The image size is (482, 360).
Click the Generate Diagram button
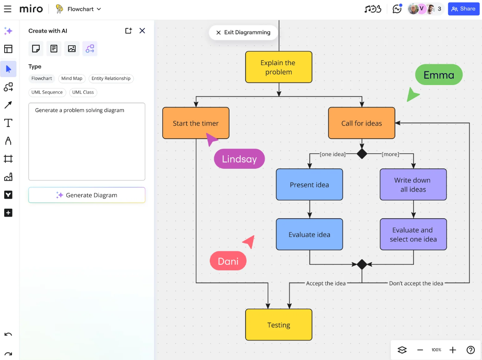(x=87, y=195)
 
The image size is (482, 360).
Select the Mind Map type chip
(x=71, y=78)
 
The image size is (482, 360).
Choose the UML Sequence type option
(x=47, y=92)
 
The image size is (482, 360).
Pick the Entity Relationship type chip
(x=111, y=78)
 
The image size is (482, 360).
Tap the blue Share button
(x=463, y=9)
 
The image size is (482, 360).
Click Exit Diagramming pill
(x=244, y=32)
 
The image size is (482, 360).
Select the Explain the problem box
(x=279, y=67)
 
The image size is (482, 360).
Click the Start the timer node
(x=196, y=123)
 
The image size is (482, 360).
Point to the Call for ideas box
(x=361, y=123)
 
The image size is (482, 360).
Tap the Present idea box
(x=309, y=184)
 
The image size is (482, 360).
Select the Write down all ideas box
(x=413, y=184)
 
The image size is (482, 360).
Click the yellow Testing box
(x=279, y=324)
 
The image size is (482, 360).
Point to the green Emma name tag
(x=438, y=75)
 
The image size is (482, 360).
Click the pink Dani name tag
(x=228, y=261)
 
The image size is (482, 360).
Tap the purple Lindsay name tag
(x=239, y=159)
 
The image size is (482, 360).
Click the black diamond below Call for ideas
(x=362, y=154)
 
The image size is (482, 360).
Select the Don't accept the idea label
(x=416, y=283)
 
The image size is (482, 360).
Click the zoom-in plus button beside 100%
(x=452, y=350)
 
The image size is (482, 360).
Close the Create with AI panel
(x=142, y=31)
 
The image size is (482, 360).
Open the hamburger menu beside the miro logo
(x=8, y=9)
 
